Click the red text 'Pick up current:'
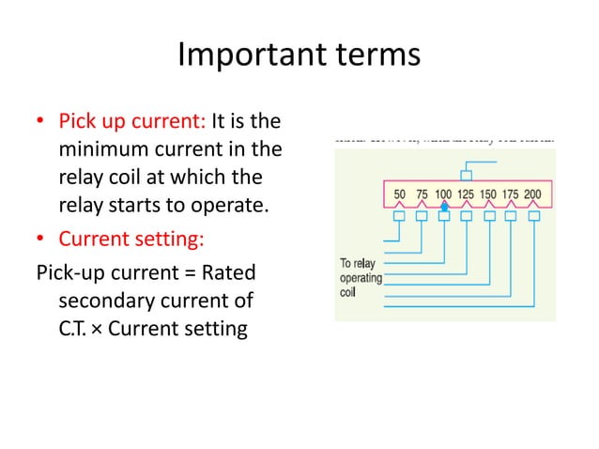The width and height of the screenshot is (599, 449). click(134, 122)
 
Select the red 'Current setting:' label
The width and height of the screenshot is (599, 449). click(131, 240)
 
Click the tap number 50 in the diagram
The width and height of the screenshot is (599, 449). click(399, 194)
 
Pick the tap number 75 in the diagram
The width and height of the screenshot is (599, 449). click(422, 194)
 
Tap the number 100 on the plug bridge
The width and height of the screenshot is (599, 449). click(443, 194)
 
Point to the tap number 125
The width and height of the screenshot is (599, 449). click(466, 194)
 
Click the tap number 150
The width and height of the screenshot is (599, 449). click(488, 194)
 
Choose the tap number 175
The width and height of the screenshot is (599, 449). click(510, 194)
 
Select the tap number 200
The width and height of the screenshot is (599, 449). click(532, 194)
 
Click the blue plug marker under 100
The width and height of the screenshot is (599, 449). click(444, 206)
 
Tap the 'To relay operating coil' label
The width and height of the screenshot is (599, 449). click(361, 278)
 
